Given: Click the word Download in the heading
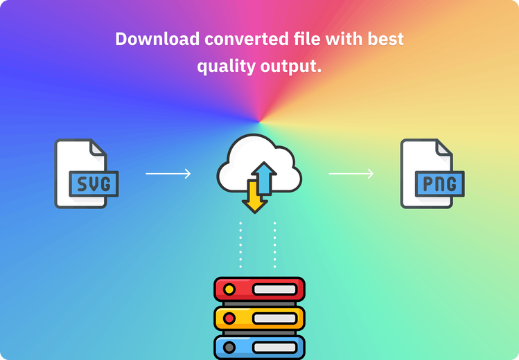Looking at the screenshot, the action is [157, 39].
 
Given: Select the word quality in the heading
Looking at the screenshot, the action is [226, 66].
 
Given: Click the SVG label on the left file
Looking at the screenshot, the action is [94, 183].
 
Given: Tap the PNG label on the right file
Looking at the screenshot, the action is [440, 183].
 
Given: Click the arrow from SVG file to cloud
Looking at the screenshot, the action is [168, 174].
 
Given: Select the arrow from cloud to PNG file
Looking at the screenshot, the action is [351, 174].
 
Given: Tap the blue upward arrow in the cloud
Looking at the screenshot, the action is [264, 178].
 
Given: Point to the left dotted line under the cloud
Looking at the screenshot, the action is [240, 244].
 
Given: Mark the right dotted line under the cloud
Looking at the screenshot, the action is [274, 244].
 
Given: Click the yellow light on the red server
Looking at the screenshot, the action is [229, 289].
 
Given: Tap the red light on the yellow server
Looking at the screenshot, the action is [229, 318].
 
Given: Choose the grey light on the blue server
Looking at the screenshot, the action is [229, 348].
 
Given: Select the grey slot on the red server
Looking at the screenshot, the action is [274, 289].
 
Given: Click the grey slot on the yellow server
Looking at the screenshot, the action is [274, 318].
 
